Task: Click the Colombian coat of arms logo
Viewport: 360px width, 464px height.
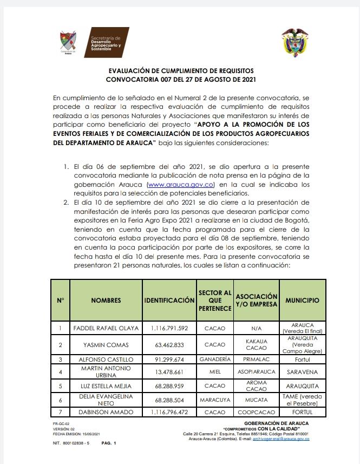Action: (x=297, y=43)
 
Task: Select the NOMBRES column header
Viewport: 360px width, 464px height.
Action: (x=106, y=300)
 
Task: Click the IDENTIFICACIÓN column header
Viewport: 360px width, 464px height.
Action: (x=169, y=300)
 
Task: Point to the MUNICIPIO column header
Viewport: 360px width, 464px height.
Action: (x=302, y=300)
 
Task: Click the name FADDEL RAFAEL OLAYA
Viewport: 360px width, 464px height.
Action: (x=106, y=328)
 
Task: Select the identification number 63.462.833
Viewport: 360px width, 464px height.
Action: (x=169, y=344)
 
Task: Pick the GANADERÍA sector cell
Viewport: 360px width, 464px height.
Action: (x=214, y=359)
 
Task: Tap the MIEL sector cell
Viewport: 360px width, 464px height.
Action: (x=214, y=372)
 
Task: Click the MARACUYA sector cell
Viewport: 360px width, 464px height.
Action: (x=214, y=400)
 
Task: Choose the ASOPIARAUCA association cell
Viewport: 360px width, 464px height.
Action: (x=256, y=372)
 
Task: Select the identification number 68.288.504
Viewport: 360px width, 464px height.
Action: (x=169, y=400)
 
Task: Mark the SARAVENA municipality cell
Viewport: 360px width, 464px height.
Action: (x=302, y=372)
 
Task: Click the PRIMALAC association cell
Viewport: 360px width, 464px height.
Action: (x=256, y=359)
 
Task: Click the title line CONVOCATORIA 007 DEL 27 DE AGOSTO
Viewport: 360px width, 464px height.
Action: (x=180, y=79)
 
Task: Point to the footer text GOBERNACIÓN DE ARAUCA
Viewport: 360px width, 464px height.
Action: (x=276, y=423)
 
